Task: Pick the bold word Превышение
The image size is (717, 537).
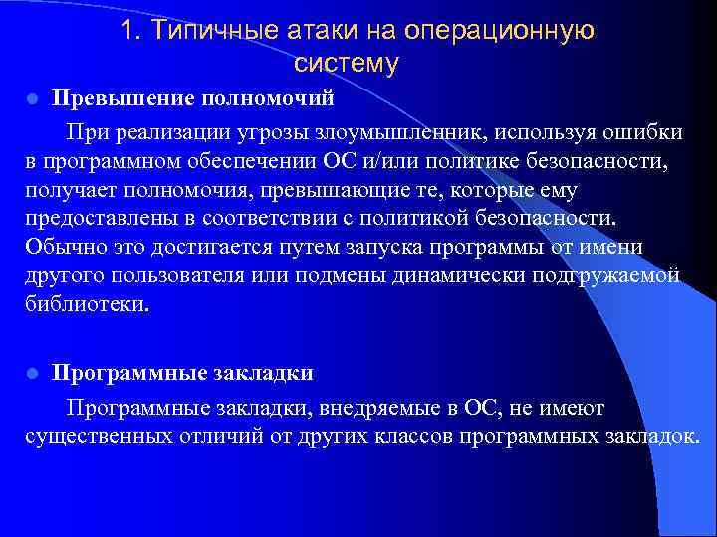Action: pyautogui.click(x=122, y=99)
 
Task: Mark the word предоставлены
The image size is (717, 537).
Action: pyautogui.click(x=98, y=218)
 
